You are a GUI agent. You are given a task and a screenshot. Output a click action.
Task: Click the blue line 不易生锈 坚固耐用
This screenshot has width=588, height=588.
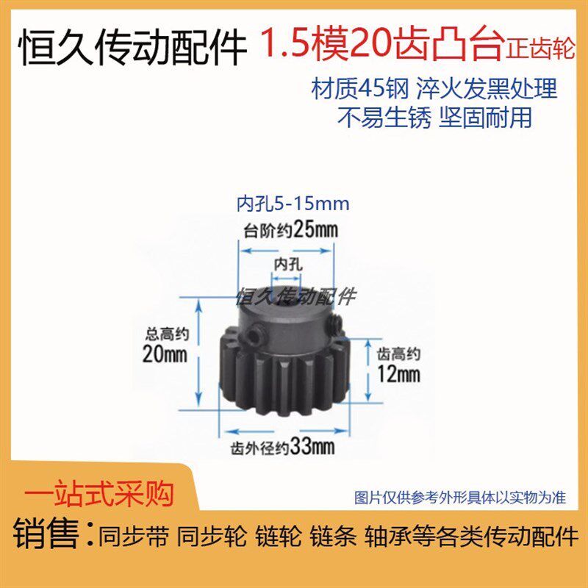(x=434, y=117)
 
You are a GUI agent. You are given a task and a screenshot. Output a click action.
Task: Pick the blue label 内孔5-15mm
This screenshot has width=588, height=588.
(x=293, y=202)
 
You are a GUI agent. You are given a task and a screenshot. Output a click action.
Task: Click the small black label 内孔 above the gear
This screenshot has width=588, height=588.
(x=289, y=262)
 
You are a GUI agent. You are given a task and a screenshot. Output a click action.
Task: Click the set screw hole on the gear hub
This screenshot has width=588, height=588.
(x=253, y=335)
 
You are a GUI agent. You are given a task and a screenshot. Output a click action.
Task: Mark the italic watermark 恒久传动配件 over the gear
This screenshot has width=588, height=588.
(x=294, y=295)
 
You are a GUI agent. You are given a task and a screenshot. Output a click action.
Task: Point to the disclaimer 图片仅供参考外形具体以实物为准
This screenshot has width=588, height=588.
(x=460, y=498)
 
